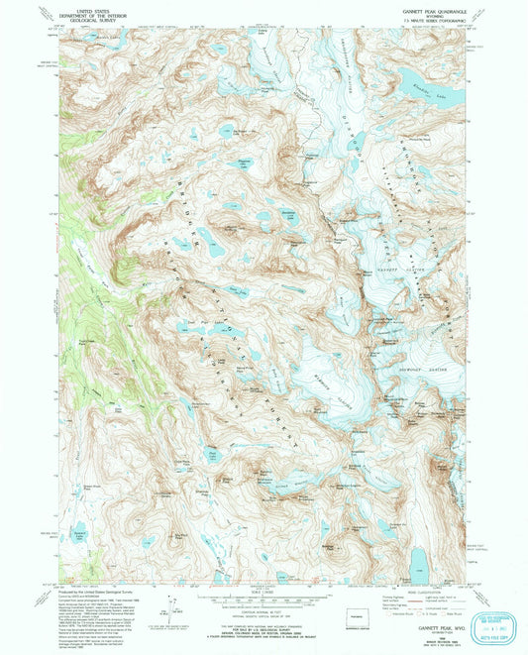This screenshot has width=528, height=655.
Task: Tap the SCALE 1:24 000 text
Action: [264, 595]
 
